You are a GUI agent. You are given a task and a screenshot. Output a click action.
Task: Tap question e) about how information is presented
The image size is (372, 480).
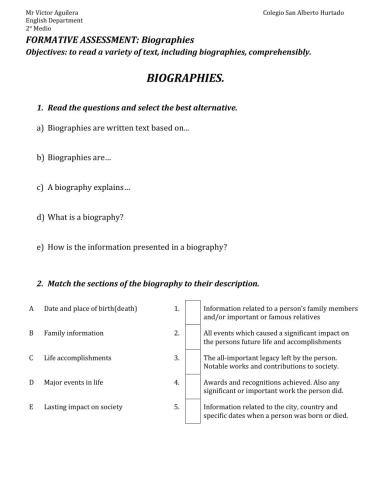131,245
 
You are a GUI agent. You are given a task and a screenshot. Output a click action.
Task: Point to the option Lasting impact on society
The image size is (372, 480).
83,406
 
